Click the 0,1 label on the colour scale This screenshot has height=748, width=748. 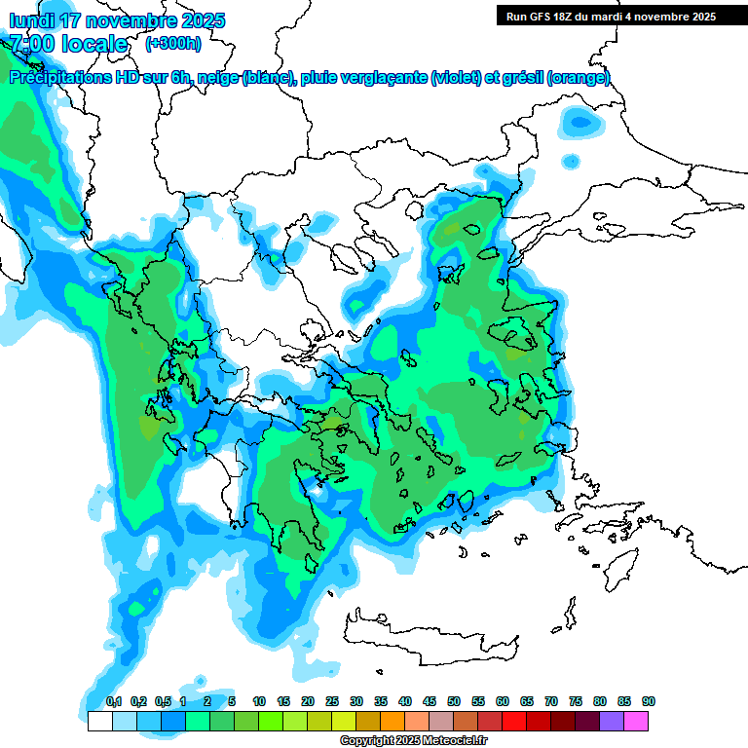tap(114, 701)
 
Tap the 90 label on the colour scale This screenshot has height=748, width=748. tap(648, 701)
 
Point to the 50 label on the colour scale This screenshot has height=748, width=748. tap(454, 701)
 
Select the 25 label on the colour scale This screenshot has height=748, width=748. tap(332, 701)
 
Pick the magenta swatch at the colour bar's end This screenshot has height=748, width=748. tap(636, 721)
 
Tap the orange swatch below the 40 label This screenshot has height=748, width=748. tap(393, 721)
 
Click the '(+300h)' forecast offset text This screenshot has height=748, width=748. tap(173, 44)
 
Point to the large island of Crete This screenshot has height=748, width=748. tap(429, 638)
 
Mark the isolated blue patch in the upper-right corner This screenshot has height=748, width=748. tap(580, 122)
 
